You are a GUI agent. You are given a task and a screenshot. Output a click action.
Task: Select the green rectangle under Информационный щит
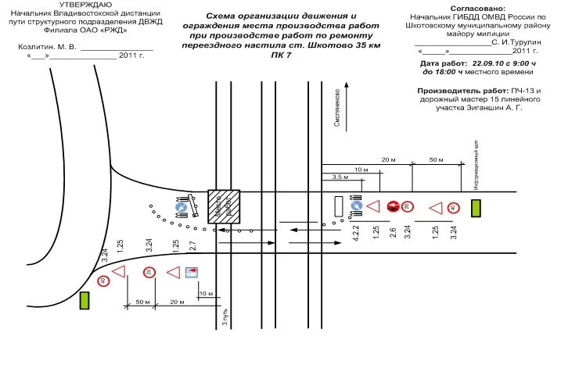coord(475,207)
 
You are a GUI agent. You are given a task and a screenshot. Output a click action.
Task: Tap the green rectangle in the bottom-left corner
coord(84,300)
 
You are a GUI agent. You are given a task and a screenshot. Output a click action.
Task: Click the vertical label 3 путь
coord(225,317)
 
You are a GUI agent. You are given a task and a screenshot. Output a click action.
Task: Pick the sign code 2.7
coord(192,245)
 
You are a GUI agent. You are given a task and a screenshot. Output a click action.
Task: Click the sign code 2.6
coord(393,232)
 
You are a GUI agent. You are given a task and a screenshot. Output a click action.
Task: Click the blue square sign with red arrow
coord(191,272)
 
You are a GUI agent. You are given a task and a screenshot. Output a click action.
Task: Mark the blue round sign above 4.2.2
coord(356,207)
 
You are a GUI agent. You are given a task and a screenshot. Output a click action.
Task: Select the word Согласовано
coord(479,7)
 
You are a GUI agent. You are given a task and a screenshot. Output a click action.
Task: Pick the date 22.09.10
coord(487,62)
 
